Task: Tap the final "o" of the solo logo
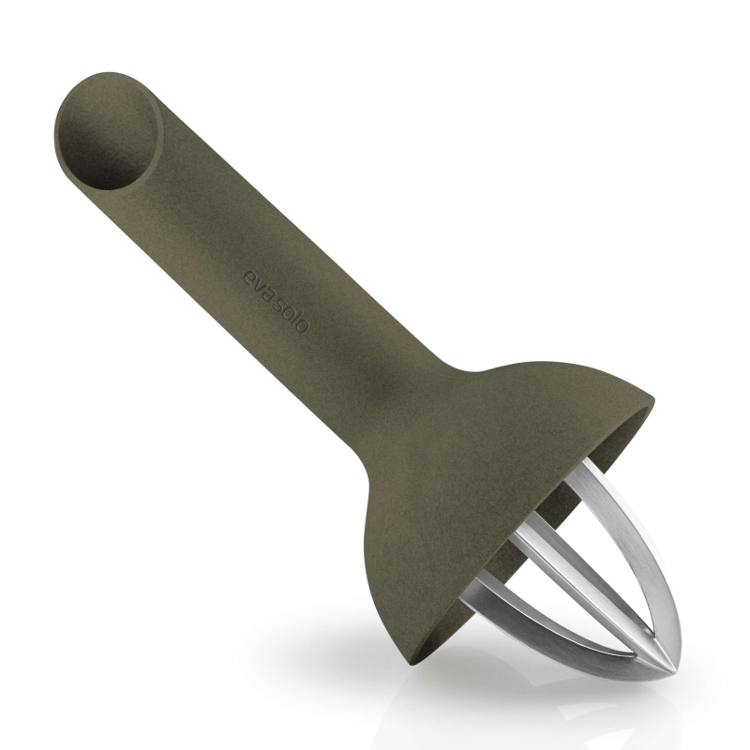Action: [x=301, y=326]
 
